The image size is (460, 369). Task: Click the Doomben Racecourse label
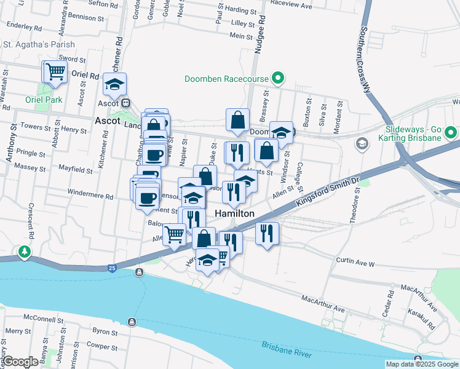point(226,79)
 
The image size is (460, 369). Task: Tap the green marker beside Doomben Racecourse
point(278,78)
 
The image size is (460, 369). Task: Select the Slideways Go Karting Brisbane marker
point(451,132)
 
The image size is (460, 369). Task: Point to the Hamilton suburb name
point(235,213)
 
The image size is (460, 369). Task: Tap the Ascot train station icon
point(125,103)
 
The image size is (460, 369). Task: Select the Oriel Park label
point(44,100)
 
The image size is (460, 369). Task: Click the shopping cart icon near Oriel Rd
point(55,71)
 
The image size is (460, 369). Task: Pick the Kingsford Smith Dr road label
point(327,191)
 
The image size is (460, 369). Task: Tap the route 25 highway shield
point(111,268)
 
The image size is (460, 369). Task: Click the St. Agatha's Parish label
point(39,44)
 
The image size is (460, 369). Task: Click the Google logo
point(20,362)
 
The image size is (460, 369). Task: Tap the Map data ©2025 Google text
point(422,364)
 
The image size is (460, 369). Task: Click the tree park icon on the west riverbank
point(24,252)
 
